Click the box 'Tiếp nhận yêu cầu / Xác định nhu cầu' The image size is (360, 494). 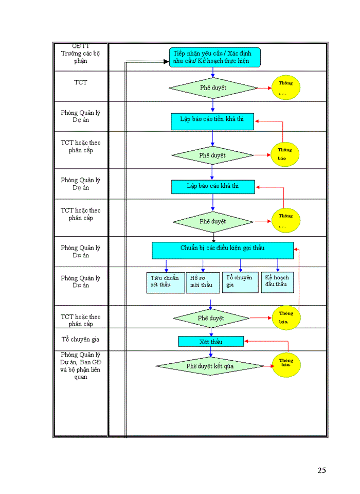click(x=215, y=57)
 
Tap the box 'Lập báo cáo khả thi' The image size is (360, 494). click(x=212, y=186)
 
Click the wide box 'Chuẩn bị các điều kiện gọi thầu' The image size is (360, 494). click(x=222, y=250)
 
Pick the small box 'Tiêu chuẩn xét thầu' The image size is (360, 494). click(x=166, y=283)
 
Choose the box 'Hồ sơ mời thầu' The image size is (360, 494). click(x=203, y=283)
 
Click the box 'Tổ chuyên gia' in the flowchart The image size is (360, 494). click(x=240, y=283)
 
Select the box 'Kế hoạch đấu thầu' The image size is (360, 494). click(x=277, y=282)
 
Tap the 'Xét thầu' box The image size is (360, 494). click(x=211, y=342)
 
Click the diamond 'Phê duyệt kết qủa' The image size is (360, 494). click(x=210, y=366)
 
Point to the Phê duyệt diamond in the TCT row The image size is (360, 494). click(x=213, y=87)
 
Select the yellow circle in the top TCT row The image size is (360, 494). click(x=286, y=87)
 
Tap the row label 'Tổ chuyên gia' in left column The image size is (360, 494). click(x=81, y=339)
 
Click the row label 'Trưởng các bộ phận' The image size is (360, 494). click(x=81, y=57)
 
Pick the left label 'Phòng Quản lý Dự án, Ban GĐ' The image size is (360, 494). click(x=81, y=365)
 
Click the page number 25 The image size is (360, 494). click(x=321, y=470)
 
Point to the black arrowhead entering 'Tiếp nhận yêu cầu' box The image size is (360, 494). click(x=166, y=62)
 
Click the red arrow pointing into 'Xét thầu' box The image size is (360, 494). click(x=247, y=341)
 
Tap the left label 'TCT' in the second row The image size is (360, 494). click(x=81, y=82)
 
